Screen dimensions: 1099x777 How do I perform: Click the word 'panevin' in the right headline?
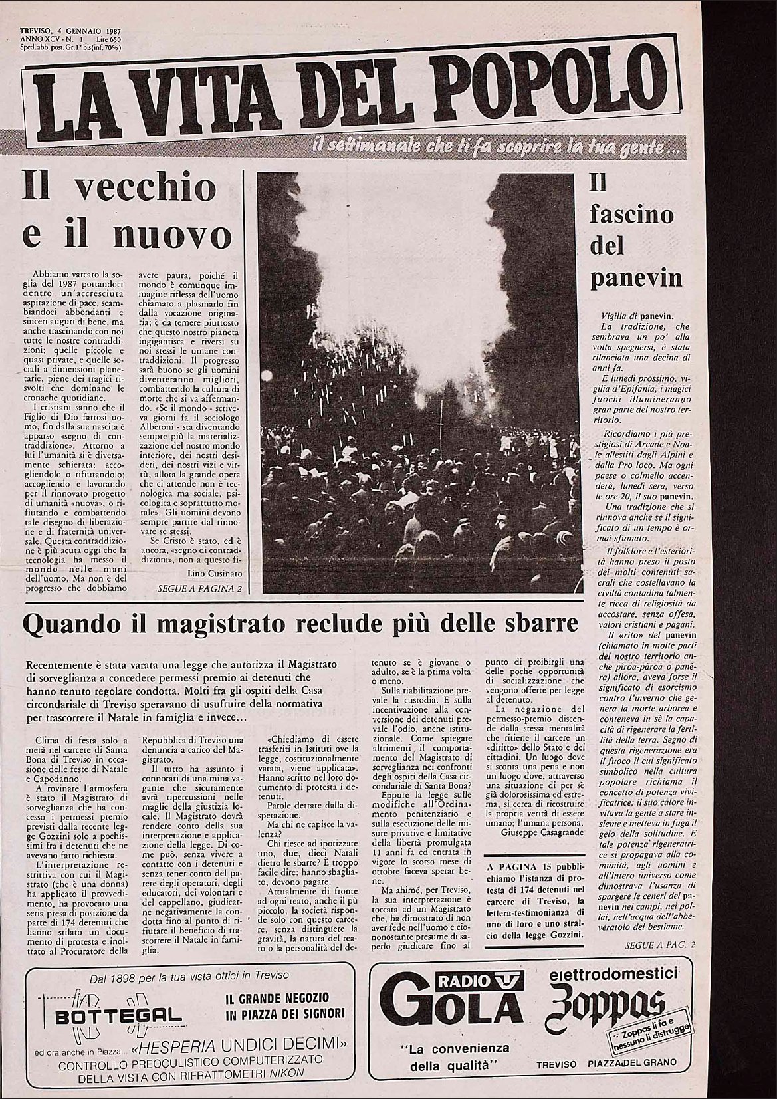636,277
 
